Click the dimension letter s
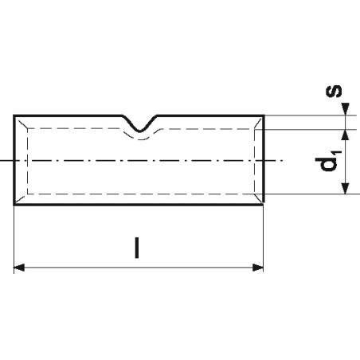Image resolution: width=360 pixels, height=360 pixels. (x=334, y=91)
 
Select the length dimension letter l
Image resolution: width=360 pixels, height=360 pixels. (x=137, y=248)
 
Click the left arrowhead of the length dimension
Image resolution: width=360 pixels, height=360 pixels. (x=19, y=268)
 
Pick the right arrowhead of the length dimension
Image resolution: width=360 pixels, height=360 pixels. (x=258, y=268)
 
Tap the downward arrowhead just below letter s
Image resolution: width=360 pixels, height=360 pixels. (x=345, y=109)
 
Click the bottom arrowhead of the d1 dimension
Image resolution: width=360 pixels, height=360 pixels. (x=345, y=188)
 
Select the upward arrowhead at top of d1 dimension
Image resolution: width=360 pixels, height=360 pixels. (x=345, y=135)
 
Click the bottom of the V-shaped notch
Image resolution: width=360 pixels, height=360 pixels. (x=140, y=131)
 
